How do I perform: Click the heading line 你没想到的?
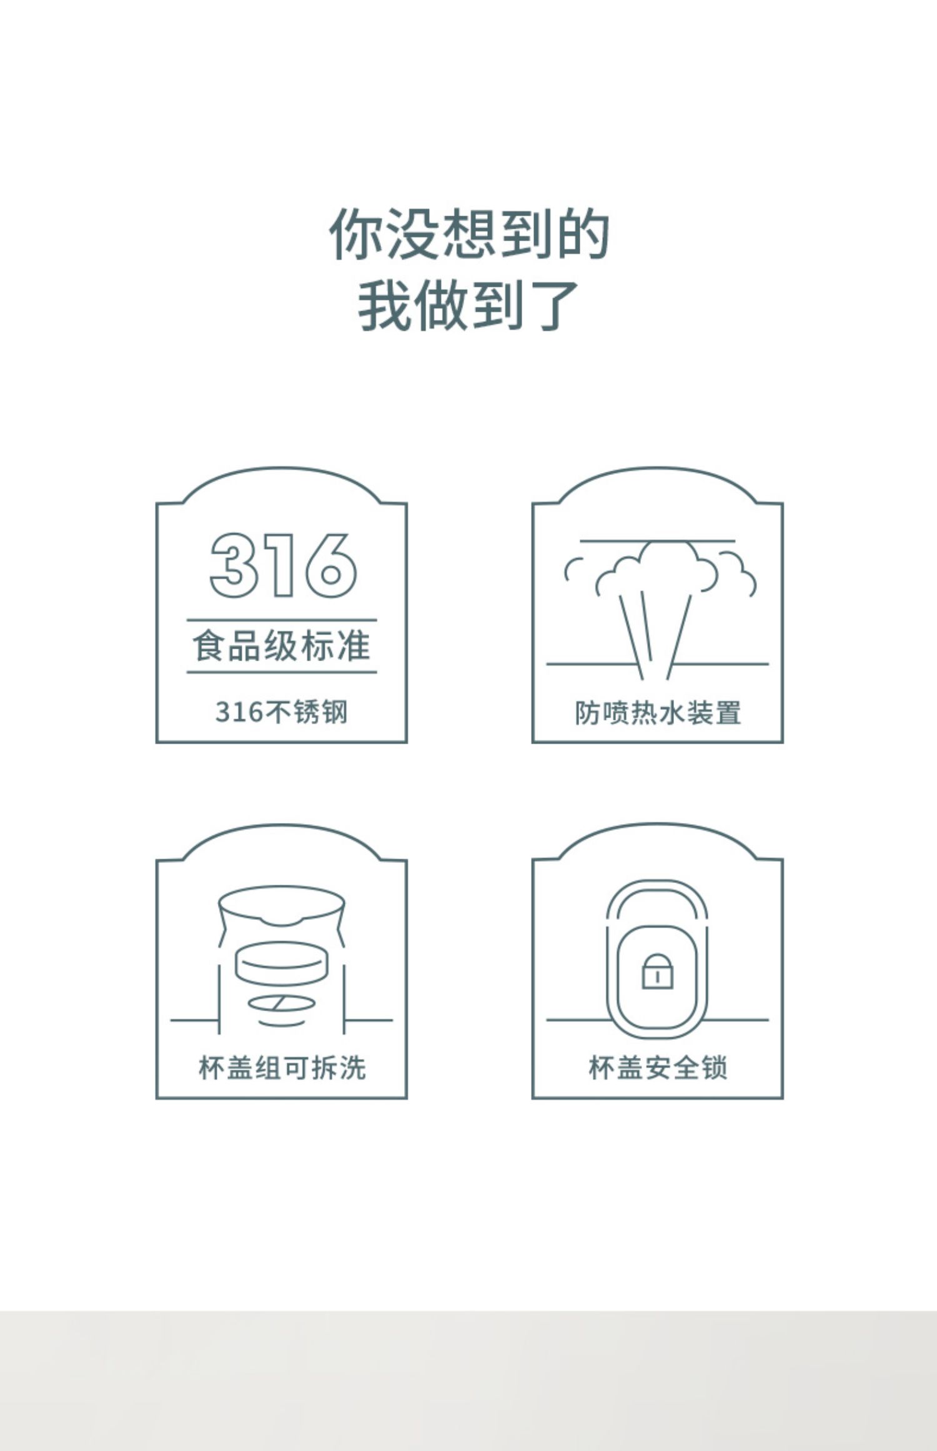tap(468, 234)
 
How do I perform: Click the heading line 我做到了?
tap(468, 306)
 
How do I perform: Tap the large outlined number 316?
tap(283, 566)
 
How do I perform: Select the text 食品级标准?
tap(282, 646)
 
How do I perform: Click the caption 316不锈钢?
tap(282, 712)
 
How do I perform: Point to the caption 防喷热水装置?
tap(658, 712)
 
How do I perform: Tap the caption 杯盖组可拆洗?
tap(282, 1068)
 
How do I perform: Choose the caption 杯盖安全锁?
tap(658, 1068)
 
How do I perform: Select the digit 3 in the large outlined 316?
tap(234, 566)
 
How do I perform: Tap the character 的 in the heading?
tap(583, 234)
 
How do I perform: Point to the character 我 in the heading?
tap(384, 306)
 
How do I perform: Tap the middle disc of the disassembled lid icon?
tap(281, 963)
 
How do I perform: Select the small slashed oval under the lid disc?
tap(282, 1004)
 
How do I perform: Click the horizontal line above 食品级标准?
tap(282, 621)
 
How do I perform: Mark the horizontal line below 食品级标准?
tap(282, 672)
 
